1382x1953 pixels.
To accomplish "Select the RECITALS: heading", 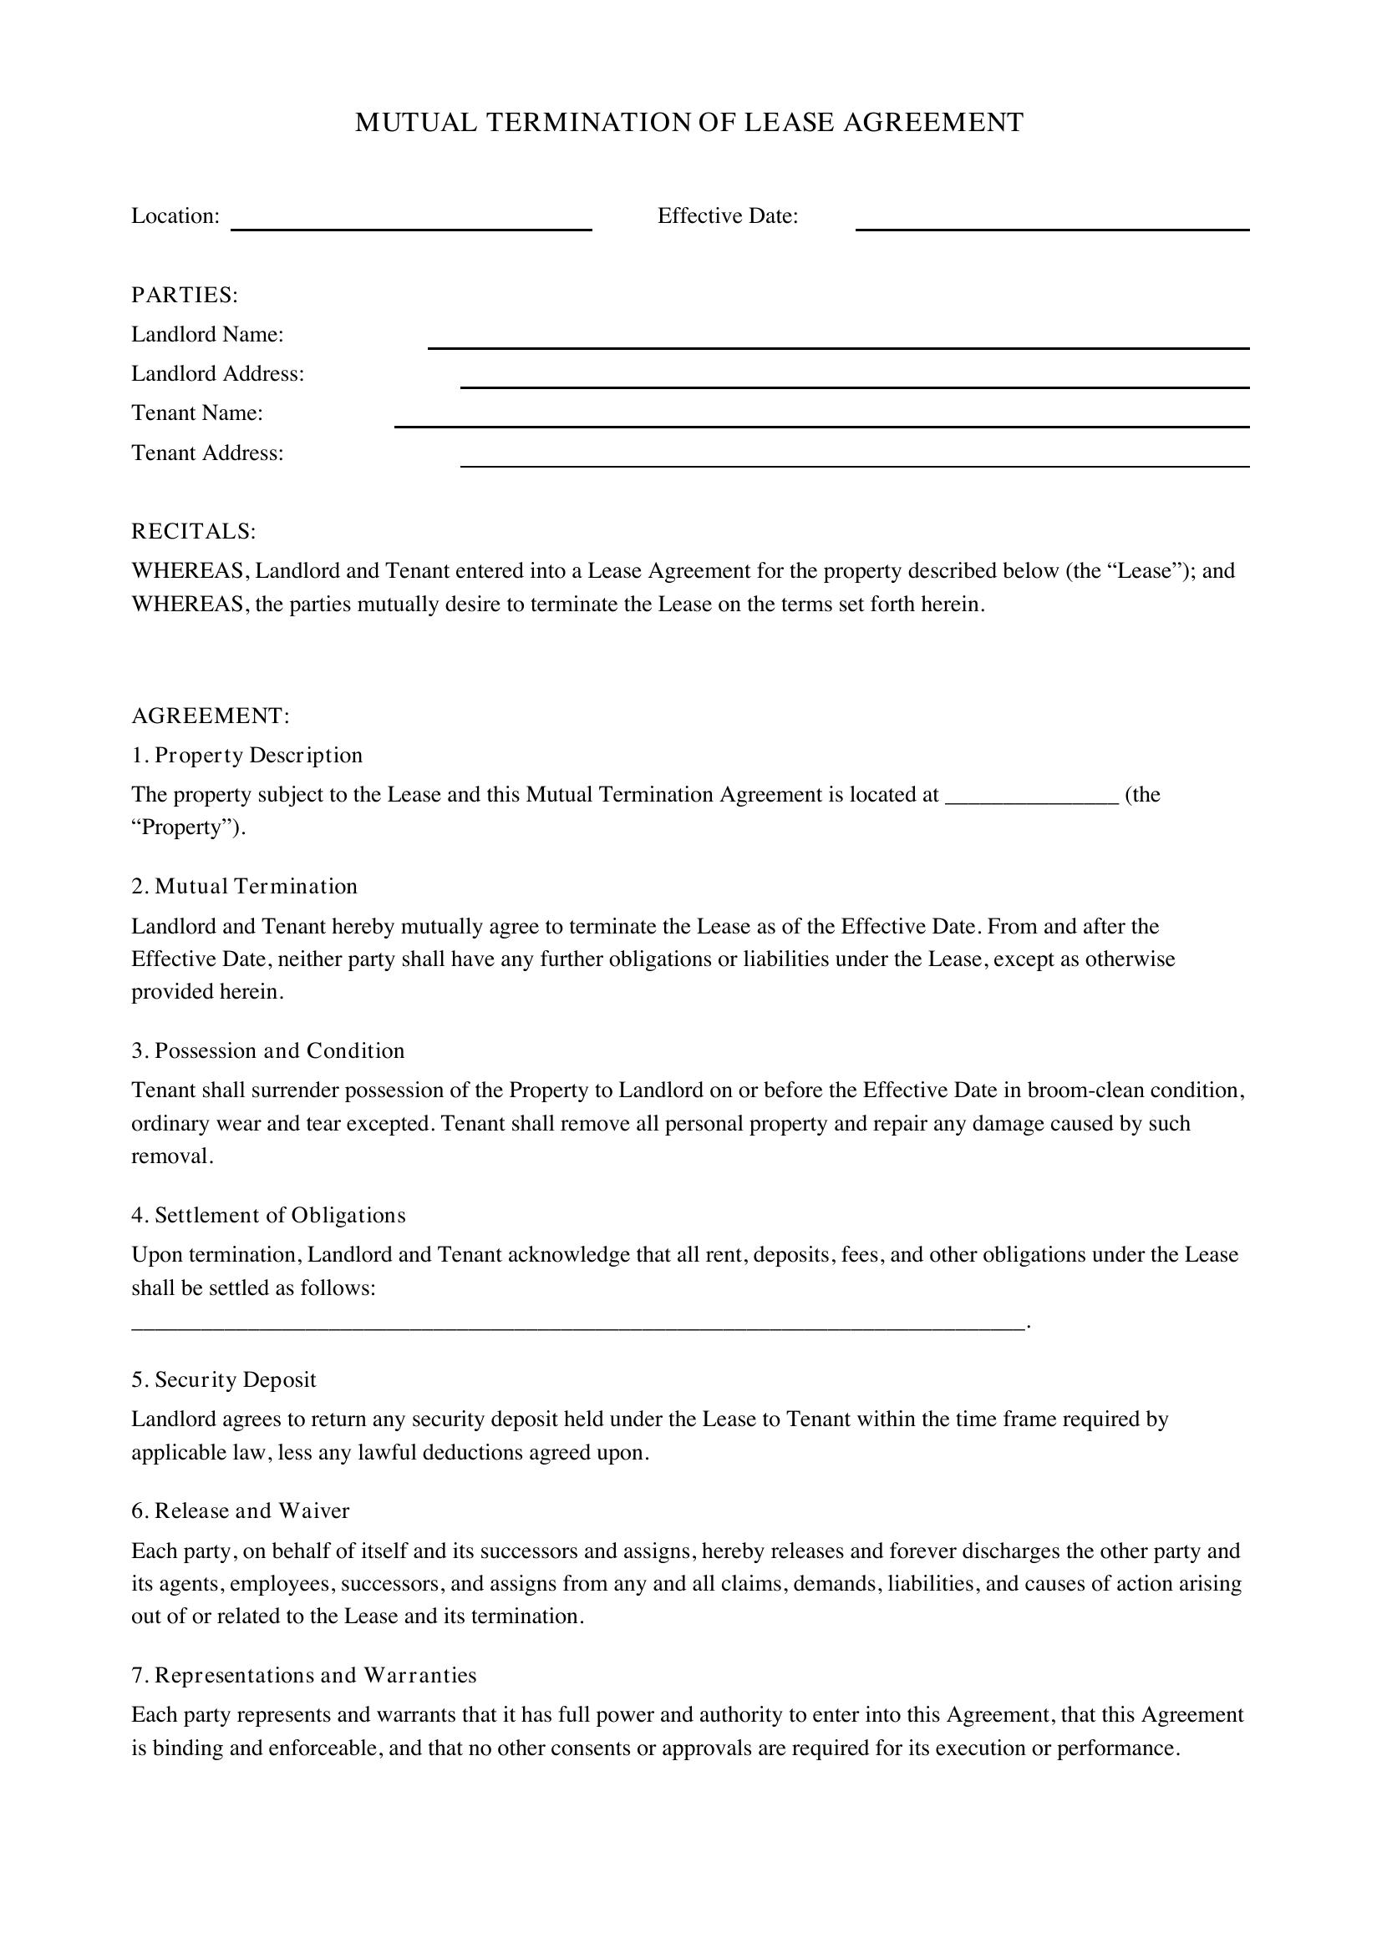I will click(x=193, y=532).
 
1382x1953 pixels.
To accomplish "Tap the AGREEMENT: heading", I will click(x=211, y=716).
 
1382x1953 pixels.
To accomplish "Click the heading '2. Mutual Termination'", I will click(x=244, y=887).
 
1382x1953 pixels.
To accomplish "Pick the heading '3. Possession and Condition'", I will click(x=268, y=1050).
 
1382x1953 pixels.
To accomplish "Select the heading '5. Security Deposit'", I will click(x=224, y=1379).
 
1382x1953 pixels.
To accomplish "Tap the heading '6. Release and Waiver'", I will click(x=240, y=1510).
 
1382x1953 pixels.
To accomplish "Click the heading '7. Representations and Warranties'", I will click(x=304, y=1675).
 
